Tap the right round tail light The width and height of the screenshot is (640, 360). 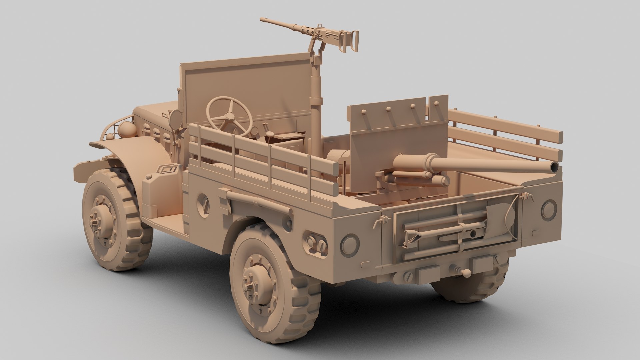[x=549, y=209]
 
